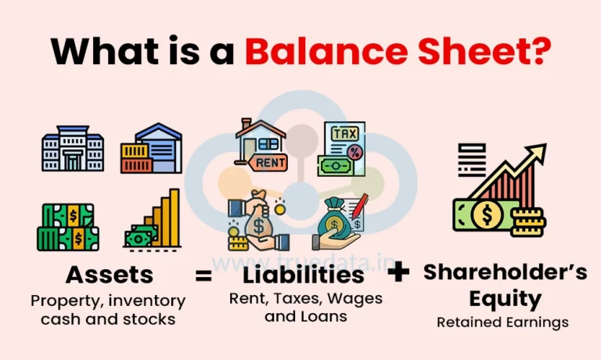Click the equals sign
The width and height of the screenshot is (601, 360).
pos(203,275)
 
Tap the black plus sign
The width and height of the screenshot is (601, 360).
pos(399,272)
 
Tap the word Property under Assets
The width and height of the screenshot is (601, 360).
pos(61,301)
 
